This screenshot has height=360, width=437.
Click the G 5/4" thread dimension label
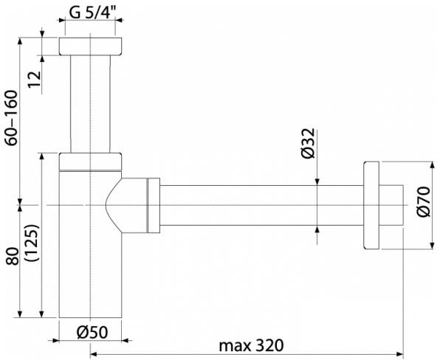click(92, 12)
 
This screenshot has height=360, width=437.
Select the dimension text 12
click(35, 80)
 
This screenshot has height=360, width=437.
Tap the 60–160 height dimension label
click(12, 117)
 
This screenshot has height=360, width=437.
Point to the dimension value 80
click(13, 256)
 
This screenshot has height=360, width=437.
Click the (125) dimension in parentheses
click(32, 243)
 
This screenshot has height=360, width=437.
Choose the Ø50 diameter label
click(92, 332)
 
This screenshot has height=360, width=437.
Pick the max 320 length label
click(251, 345)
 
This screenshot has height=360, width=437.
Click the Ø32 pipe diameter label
click(309, 143)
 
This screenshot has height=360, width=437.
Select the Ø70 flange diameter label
click(424, 201)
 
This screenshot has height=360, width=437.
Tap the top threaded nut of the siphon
click(90, 46)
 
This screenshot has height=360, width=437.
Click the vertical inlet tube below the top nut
click(90, 104)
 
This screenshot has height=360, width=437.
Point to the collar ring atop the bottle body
click(90, 162)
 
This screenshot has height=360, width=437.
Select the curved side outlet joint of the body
click(127, 205)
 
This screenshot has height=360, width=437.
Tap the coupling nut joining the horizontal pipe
click(154, 205)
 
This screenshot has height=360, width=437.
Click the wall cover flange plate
click(371, 205)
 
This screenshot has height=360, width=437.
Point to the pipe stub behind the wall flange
click(391, 205)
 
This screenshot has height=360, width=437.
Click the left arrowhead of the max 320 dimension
click(93, 354)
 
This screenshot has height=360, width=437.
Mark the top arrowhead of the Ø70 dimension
click(433, 165)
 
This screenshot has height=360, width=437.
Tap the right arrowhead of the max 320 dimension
click(400, 354)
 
